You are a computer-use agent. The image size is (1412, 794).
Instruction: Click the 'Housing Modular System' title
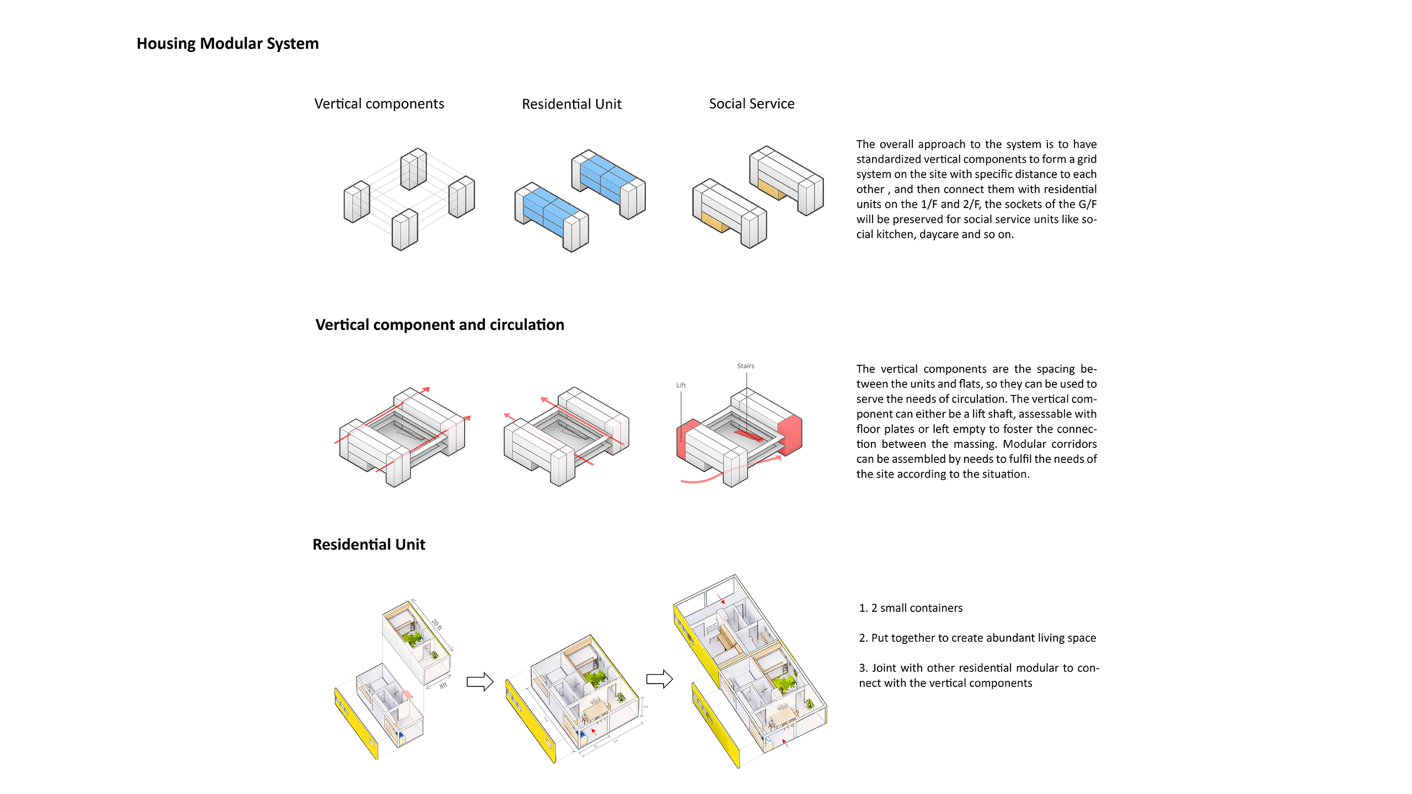coord(227,44)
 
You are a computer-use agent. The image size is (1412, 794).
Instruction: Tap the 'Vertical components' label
coord(379,104)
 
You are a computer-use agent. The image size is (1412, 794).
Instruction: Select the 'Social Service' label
coord(751,104)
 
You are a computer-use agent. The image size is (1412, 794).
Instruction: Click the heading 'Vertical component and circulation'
coord(440,324)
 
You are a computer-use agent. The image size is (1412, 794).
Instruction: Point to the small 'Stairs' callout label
coord(745,366)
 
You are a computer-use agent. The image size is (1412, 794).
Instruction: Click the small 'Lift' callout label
coord(681,385)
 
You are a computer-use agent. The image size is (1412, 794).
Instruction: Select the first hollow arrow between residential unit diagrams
coord(479,681)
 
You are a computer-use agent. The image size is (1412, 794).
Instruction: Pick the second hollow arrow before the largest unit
coord(659,679)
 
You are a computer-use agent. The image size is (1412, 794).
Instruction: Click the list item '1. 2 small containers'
coord(910,608)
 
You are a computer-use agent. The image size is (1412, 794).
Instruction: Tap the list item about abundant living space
coord(977,638)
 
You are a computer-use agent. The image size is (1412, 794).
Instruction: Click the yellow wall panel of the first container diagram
coord(356,723)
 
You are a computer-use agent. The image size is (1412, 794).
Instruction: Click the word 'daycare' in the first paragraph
coord(939,234)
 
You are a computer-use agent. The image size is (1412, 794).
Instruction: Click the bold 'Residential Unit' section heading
coord(368,545)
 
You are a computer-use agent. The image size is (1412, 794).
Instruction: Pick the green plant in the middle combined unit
coord(595,677)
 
